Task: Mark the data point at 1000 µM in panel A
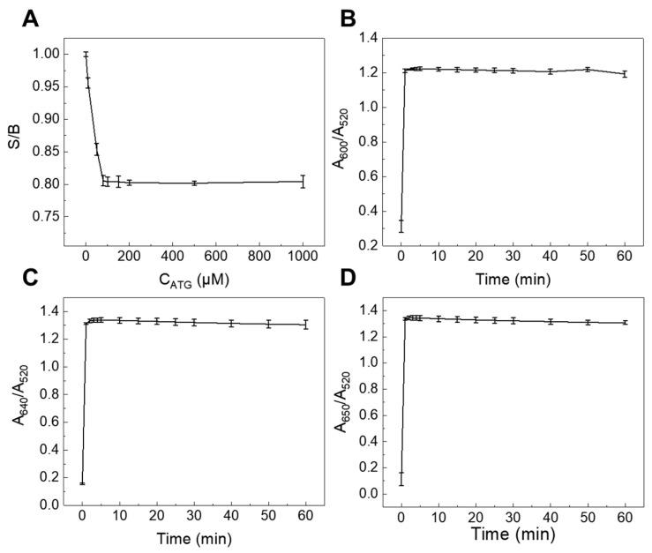tap(303, 182)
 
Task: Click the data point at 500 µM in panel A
tap(194, 183)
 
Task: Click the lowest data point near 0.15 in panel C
tap(82, 482)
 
